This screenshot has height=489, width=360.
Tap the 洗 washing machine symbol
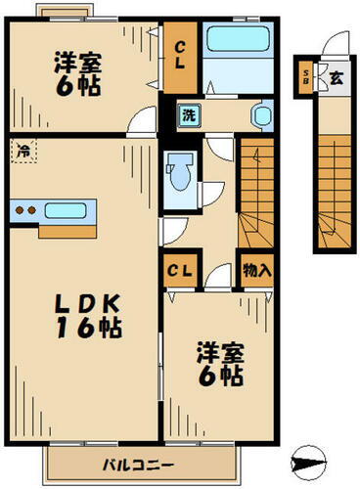coord(187,115)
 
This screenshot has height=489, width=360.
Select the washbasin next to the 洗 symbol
coord(261,114)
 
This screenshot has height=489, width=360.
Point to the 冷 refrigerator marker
coord(22,152)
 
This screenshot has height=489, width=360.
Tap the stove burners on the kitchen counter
coord(26,209)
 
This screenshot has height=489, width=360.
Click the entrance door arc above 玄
coord(335,44)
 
